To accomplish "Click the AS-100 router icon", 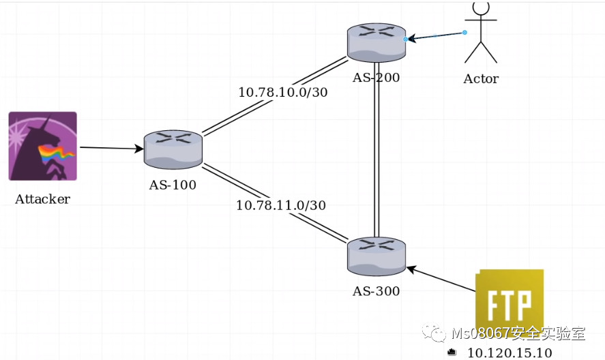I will (173, 150).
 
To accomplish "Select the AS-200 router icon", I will (376, 42).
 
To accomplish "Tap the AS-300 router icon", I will (376, 257).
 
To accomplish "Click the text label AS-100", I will (173, 184).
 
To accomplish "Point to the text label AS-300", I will (376, 291).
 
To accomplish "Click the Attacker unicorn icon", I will (42, 146).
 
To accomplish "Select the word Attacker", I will (42, 199).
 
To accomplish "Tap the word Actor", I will (481, 78).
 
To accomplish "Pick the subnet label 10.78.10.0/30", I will (282, 92).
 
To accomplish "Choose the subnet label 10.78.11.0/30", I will (280, 205).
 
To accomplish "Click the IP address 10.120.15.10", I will (509, 352).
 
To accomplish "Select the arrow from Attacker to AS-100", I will (112, 147).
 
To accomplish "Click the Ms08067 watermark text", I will (518, 334).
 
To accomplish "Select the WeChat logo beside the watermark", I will (434, 333).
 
